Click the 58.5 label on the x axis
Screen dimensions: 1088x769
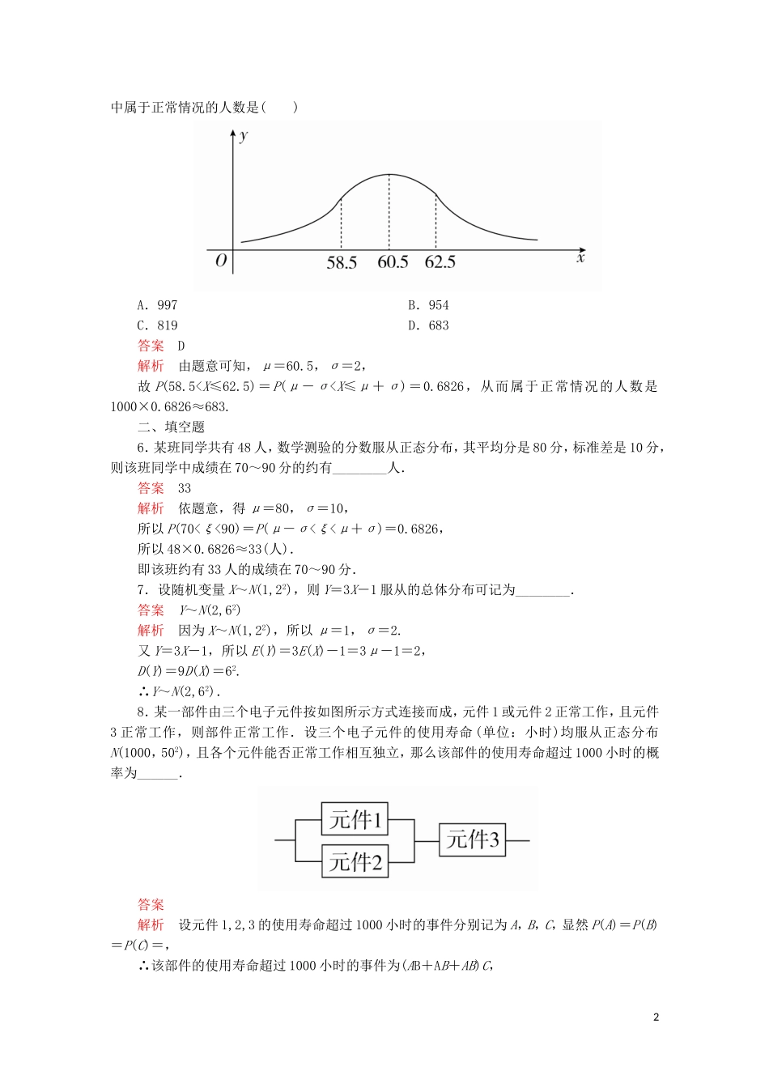click(x=342, y=262)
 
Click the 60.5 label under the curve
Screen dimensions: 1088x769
click(x=393, y=262)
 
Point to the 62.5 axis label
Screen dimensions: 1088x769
click(x=440, y=262)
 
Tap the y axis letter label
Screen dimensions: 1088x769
click(x=244, y=135)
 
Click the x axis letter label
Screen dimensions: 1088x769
click(x=580, y=258)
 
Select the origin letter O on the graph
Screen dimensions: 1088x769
click(x=221, y=261)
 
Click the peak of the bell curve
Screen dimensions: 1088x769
click(x=389, y=175)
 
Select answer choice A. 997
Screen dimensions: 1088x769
click(x=157, y=305)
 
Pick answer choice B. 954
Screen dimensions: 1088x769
click(x=428, y=305)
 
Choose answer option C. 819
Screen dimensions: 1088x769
click(x=157, y=325)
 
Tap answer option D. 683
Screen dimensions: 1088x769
click(x=428, y=325)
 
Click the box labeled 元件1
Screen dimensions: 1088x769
click(x=355, y=819)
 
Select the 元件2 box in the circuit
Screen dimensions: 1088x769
click(x=355, y=861)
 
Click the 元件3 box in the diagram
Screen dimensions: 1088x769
click(x=473, y=839)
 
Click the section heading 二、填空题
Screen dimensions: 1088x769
click(x=171, y=427)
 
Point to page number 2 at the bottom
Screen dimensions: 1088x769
click(x=656, y=1018)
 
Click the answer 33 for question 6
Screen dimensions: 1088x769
click(x=185, y=488)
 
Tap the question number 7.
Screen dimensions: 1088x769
click(x=142, y=589)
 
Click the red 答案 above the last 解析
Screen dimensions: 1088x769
click(x=151, y=904)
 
